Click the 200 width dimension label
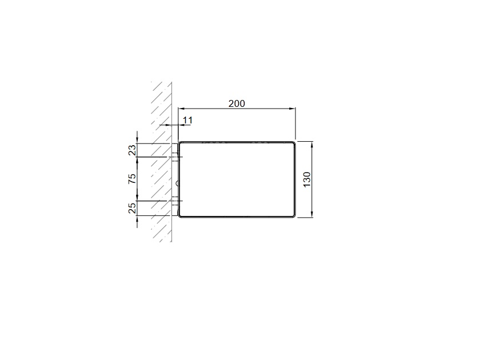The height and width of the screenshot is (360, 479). (x=237, y=104)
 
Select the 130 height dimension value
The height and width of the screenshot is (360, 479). (x=307, y=179)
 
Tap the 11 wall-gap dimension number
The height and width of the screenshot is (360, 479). (x=188, y=121)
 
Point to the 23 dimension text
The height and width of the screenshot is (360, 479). (x=132, y=150)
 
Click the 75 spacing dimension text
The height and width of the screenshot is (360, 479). (x=132, y=179)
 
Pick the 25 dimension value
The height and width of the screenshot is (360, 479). (x=132, y=208)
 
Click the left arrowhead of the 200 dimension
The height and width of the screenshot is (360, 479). (x=181, y=108)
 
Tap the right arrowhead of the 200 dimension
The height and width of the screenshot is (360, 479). (x=292, y=108)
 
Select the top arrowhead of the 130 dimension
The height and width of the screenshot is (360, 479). (x=312, y=145)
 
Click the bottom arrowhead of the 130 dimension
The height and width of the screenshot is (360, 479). (x=312, y=214)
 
